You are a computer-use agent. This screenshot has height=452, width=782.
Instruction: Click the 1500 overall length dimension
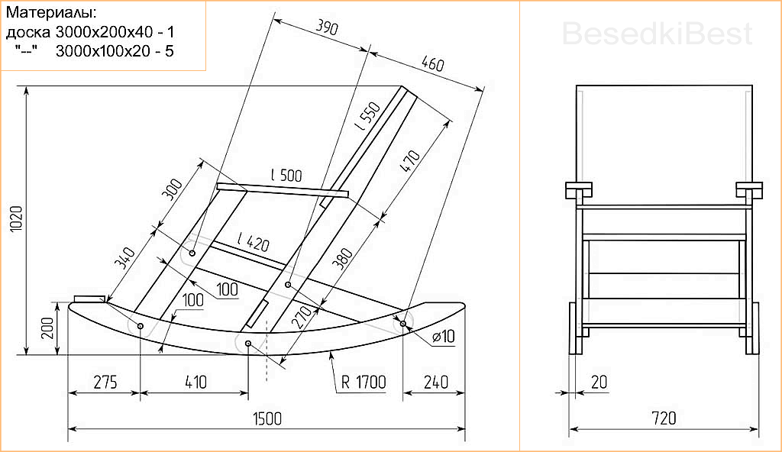pos(267,418)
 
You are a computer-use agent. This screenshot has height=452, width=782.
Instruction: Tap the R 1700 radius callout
pos(364,383)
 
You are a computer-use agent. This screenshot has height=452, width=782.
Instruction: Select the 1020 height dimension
pos(16,218)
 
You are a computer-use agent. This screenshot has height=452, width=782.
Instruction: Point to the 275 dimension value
pos(105,383)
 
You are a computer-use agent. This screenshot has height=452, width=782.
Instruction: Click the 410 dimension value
pos(196,383)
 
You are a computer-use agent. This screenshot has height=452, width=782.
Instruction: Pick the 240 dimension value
pos(436,383)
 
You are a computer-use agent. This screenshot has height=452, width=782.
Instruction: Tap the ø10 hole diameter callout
pos(444,336)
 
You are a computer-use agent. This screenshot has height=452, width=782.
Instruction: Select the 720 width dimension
pos(664,418)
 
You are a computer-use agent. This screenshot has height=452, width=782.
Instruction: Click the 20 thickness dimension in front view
pos(599,383)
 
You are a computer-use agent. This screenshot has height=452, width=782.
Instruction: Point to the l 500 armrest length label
pos(286,175)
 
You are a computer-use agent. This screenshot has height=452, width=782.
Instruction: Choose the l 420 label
pos(254,242)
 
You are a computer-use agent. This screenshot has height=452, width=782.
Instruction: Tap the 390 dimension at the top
pos(327,27)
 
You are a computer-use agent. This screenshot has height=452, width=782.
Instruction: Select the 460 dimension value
pos(432,64)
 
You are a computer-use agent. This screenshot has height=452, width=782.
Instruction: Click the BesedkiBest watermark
pos(657,34)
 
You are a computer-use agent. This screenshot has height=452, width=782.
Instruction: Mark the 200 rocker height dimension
pos(47,328)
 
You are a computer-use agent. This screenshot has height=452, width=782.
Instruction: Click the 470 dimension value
pos(410,160)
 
